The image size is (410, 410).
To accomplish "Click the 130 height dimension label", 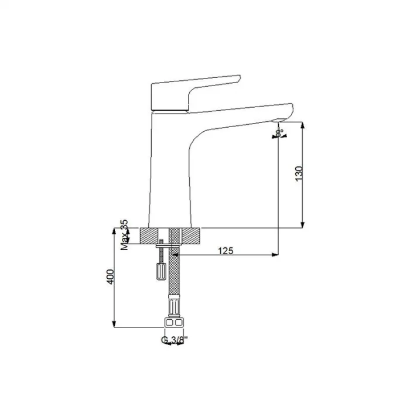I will pyautogui.click(x=299, y=173).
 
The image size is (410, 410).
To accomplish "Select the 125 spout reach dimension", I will pyautogui.click(x=225, y=251).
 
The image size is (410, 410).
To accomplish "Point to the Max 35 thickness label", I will pyautogui.click(x=124, y=235).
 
